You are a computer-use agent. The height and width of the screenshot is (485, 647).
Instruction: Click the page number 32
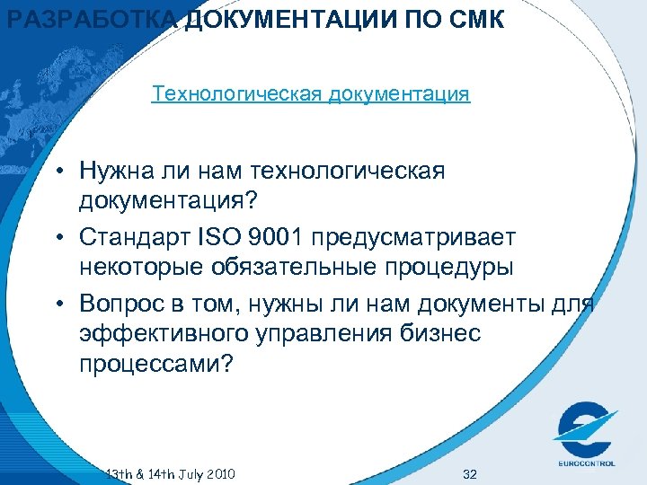[x=468, y=473]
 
